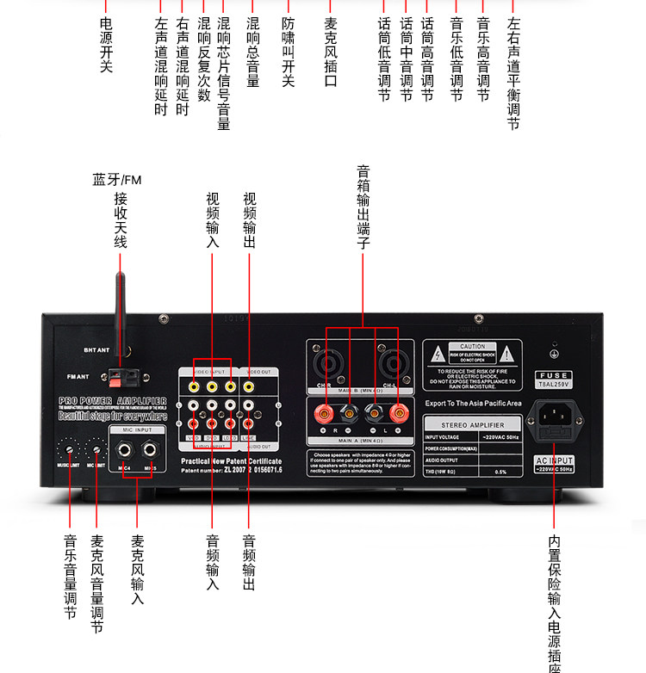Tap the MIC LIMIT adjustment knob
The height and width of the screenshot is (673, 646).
(98, 448)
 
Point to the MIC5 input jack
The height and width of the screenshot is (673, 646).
(152, 448)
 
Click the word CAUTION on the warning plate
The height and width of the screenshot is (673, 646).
(473, 346)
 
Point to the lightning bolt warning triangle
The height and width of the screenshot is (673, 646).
(438, 355)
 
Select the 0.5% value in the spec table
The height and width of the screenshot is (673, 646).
(500, 472)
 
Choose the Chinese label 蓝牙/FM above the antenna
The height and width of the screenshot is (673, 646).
(116, 180)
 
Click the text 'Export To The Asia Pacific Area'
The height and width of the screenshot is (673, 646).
(473, 403)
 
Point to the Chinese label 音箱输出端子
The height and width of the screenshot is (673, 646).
(363, 207)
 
